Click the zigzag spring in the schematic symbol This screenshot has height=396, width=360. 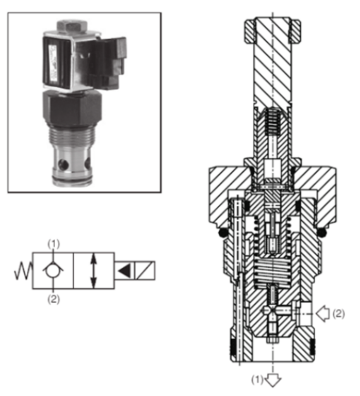tap(23, 270)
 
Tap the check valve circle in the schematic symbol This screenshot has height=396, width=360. tap(53, 270)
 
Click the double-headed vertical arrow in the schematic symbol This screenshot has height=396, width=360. tap(93, 270)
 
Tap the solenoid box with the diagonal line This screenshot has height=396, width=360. tap(145, 270)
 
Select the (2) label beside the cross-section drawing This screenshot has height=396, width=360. tap(339, 311)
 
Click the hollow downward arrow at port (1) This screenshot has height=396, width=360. tap(273, 379)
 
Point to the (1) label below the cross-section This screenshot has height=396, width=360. tap(258, 379)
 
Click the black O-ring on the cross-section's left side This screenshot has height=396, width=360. tap(220, 232)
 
